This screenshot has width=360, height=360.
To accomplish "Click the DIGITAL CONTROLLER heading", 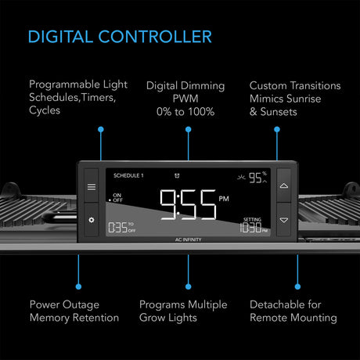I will point(119,36).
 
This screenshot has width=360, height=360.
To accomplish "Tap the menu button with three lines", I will point(91,186).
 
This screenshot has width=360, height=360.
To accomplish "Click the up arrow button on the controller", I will point(283,186).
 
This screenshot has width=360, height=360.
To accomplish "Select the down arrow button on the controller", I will point(283,220).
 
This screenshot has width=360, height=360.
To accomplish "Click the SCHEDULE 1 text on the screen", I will point(128,175).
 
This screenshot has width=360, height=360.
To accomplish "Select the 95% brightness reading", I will point(256,178).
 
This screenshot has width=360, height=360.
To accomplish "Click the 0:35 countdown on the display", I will point(118,229).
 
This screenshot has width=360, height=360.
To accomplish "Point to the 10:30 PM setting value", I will point(254,229).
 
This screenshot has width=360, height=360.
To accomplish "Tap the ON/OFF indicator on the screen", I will point(117,197).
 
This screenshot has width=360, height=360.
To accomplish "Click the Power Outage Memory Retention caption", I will point(74,311).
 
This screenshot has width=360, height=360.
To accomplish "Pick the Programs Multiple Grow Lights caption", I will point(183,311).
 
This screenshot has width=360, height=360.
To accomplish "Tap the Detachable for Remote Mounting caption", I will point(293,311).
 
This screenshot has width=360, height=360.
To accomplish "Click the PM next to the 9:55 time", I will point(224,200).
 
